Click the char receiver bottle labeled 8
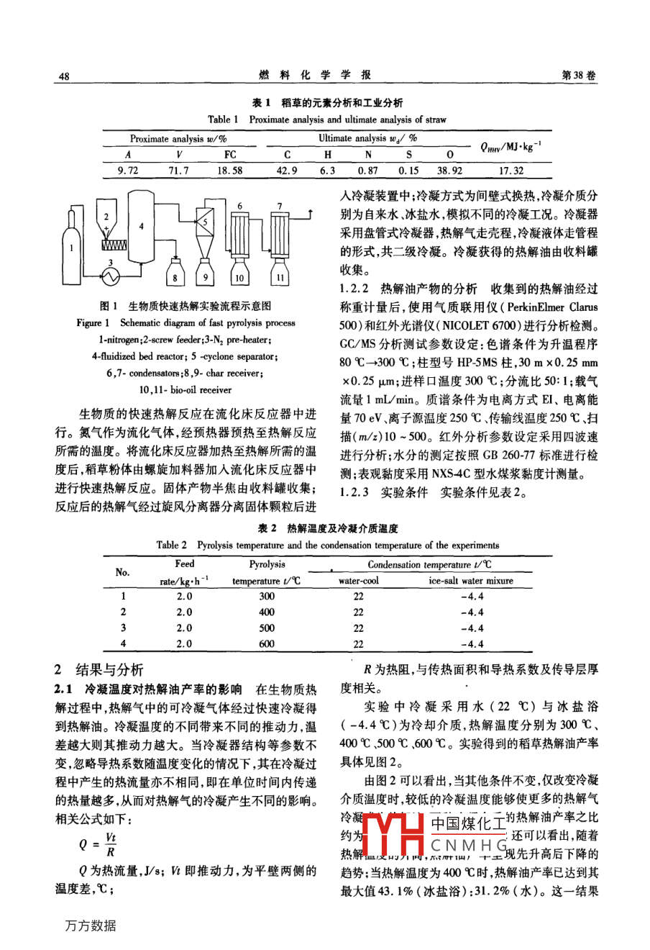175,276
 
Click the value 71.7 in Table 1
178,171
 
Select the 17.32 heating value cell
511,171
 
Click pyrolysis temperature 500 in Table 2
267,628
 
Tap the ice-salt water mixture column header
471,580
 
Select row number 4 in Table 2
123,644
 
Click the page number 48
64,76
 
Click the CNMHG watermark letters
469,845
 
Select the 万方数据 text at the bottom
90,926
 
